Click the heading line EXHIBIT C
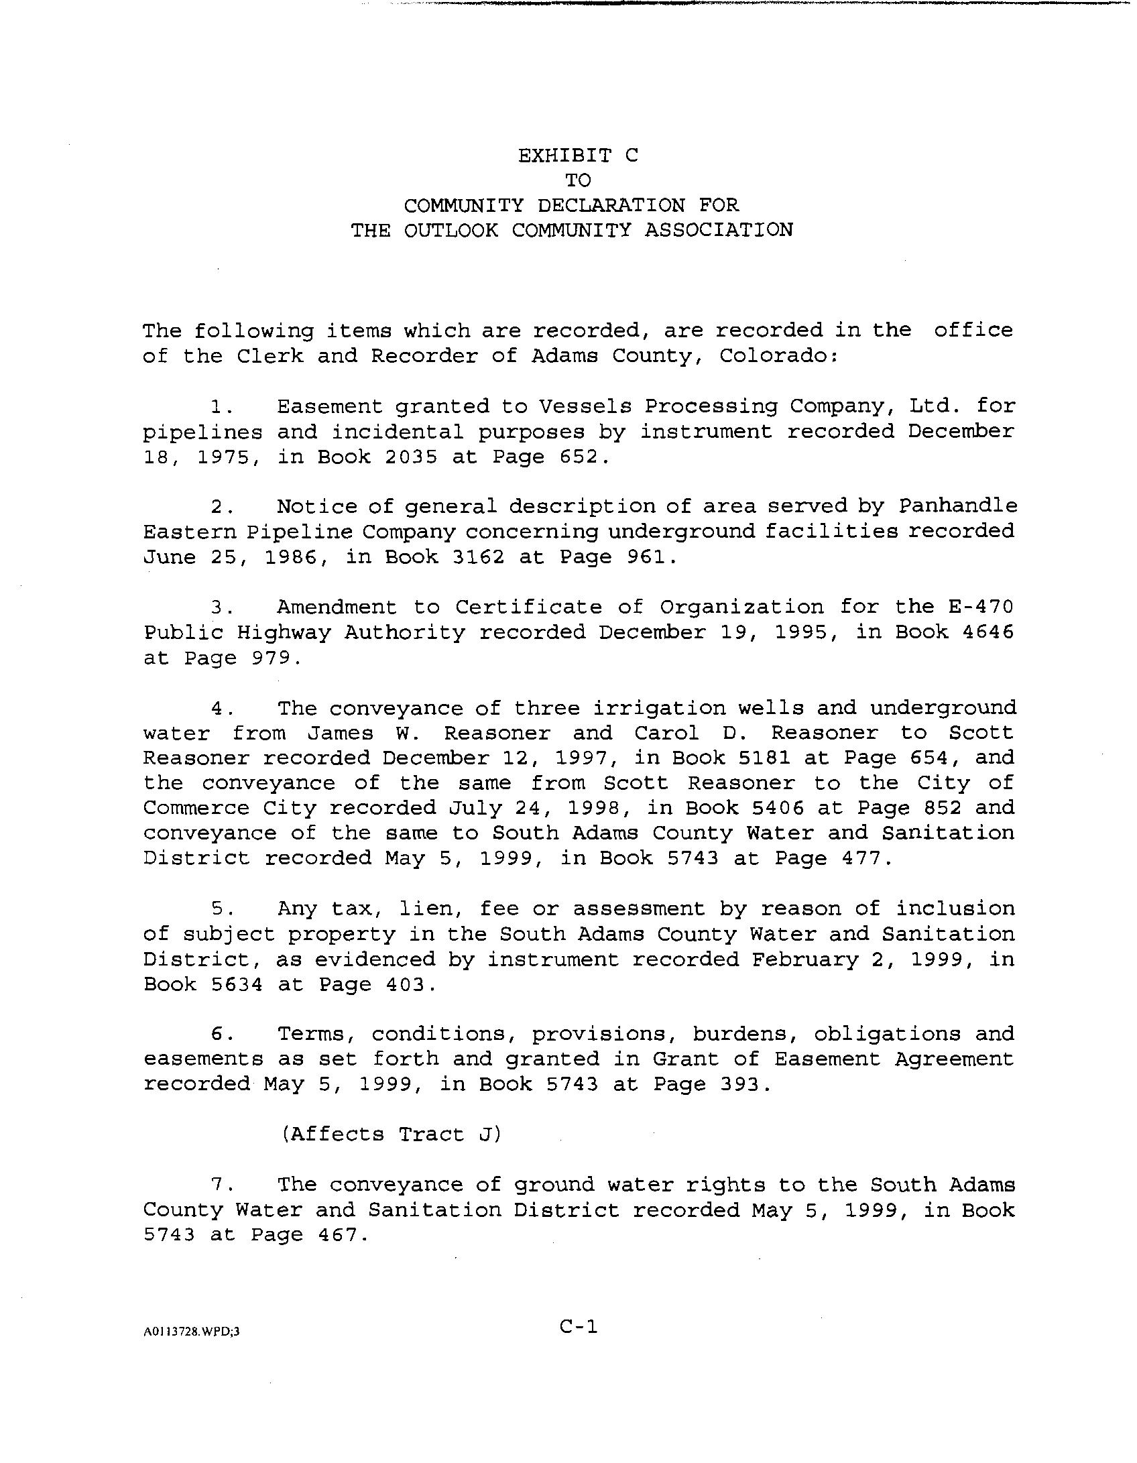[x=578, y=156]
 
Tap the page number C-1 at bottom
[x=579, y=1326]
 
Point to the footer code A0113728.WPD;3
[x=191, y=1332]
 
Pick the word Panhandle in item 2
[x=957, y=506]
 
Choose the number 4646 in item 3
[x=988, y=632]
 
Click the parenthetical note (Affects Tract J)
[x=391, y=1134]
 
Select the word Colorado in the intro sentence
[x=776, y=355]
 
